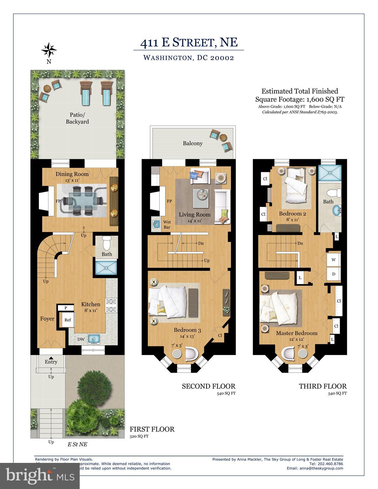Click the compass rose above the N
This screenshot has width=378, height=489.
pyautogui.click(x=49, y=50)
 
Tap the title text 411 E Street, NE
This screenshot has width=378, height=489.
pyautogui.click(x=189, y=42)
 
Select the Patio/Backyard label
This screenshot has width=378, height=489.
pyautogui.click(x=77, y=118)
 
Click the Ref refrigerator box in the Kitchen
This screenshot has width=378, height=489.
pyautogui.click(x=68, y=320)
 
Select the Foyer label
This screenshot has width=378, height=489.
pyautogui.click(x=47, y=319)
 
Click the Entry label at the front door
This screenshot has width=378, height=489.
pyautogui.click(x=51, y=362)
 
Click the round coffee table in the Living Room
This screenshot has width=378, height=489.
pyautogui.click(x=201, y=194)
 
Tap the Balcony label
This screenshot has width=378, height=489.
pyautogui.click(x=193, y=143)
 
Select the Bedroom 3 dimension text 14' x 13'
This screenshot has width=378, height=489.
pyautogui.click(x=187, y=336)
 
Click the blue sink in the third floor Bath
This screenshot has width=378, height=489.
pyautogui.click(x=336, y=210)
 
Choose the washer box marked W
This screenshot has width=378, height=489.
pyautogui.click(x=334, y=260)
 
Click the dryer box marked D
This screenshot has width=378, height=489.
pyautogui.click(x=334, y=274)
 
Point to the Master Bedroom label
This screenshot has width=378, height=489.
pyautogui.click(x=296, y=333)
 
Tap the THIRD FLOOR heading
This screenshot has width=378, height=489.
pyautogui.click(x=323, y=386)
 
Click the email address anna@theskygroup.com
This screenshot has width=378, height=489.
pyautogui.click(x=315, y=468)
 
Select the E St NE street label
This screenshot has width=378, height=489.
pyautogui.click(x=77, y=444)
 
